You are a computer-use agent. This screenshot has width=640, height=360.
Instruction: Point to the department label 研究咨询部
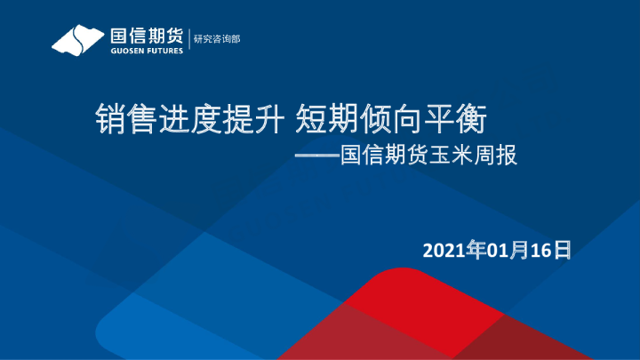(217, 38)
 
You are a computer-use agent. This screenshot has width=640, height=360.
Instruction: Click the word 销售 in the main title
(120, 117)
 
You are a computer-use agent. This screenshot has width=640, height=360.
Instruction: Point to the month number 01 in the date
(494, 252)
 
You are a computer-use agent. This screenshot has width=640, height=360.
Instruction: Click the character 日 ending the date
(562, 252)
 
